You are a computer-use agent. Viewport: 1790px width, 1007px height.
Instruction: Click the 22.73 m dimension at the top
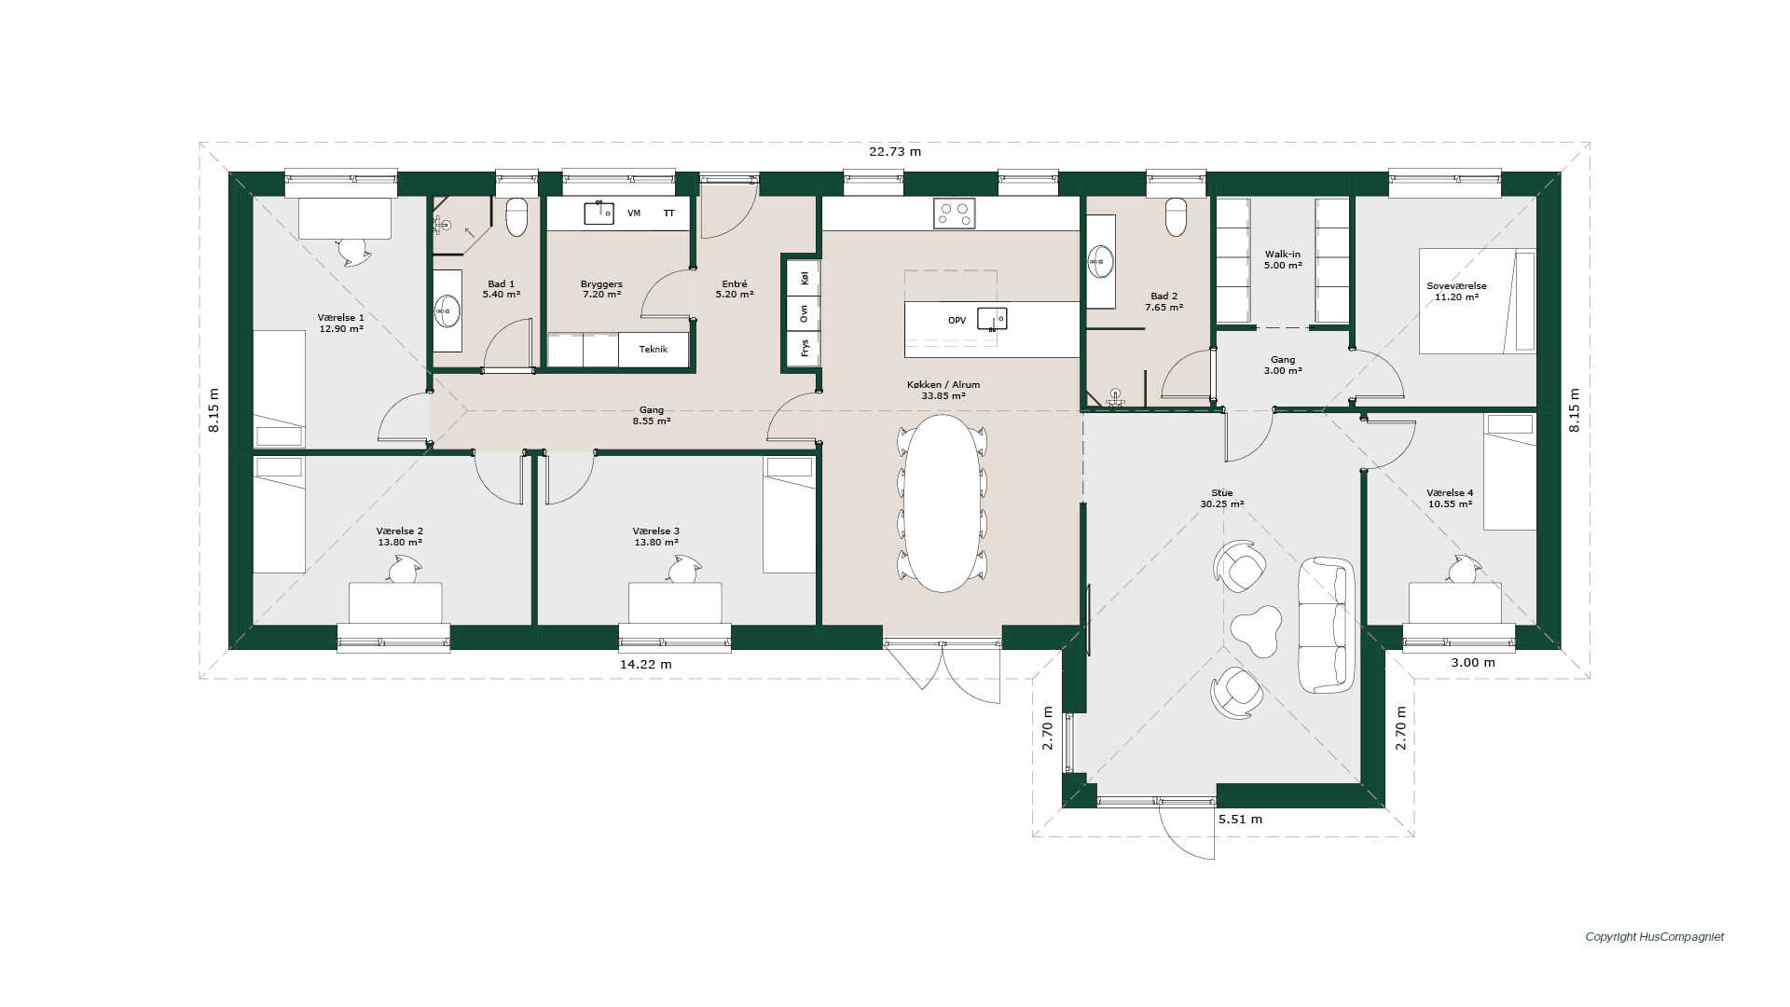tap(895, 152)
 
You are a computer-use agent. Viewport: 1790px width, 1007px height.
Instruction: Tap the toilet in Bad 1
tap(516, 216)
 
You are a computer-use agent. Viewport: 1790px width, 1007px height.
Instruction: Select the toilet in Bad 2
tap(1177, 217)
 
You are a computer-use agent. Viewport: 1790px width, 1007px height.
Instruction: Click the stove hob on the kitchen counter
tap(954, 214)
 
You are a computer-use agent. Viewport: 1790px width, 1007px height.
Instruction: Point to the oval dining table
tap(943, 504)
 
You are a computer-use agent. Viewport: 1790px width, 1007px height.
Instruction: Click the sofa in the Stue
tap(1328, 625)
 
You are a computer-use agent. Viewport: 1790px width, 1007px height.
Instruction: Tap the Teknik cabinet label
tap(654, 350)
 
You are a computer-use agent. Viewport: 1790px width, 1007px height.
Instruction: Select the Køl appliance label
tap(805, 277)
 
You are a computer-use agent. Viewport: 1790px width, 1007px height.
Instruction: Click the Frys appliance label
tap(805, 348)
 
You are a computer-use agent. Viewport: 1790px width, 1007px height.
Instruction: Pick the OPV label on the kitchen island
tap(957, 321)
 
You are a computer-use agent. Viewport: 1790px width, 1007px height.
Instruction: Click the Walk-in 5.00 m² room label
tap(1283, 260)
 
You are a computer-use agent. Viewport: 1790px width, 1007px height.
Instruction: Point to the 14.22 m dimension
tap(646, 665)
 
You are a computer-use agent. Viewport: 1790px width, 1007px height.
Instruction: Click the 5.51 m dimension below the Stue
tap(1240, 820)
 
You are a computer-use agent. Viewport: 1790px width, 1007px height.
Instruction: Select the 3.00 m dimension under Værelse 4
tap(1473, 663)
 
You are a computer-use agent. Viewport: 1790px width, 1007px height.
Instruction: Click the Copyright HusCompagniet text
tap(1655, 937)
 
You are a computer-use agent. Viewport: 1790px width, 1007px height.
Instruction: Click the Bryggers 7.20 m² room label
tap(601, 289)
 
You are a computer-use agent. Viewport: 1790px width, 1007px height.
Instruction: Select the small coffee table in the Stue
tap(1256, 631)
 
